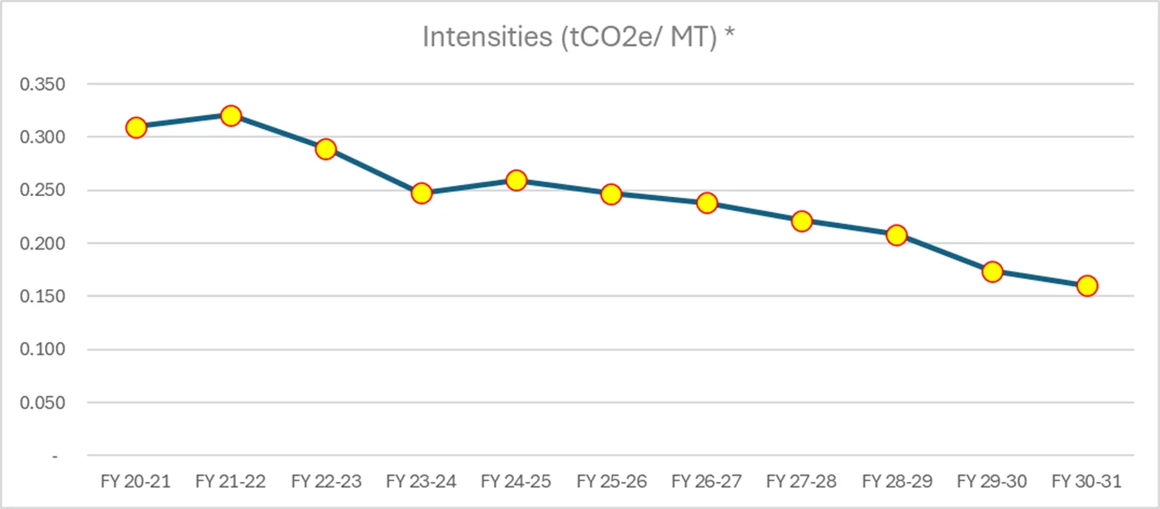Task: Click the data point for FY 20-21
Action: point(136,127)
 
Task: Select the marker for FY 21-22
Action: point(231,115)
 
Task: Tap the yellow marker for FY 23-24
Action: point(421,193)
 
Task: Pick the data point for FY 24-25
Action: point(516,180)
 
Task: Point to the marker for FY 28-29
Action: point(897,235)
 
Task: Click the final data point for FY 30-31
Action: point(1087,286)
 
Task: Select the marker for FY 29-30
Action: point(992,271)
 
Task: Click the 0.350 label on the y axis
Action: point(48,84)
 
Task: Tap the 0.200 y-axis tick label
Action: point(48,243)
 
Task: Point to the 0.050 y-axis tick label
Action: point(48,403)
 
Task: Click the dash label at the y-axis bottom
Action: point(55,456)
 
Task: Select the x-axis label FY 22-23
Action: point(326,482)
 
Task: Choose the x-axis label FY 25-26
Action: point(611,482)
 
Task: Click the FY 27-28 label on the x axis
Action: point(802,482)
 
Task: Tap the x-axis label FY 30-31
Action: point(1087,482)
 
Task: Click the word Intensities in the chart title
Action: point(487,37)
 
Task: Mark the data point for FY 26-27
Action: point(707,203)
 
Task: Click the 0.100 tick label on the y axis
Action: point(48,350)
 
